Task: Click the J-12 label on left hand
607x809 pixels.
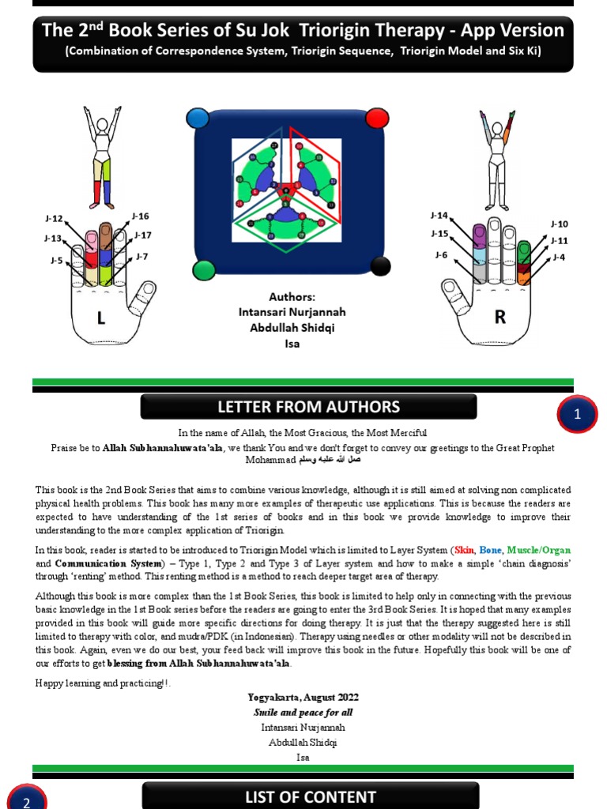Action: pyautogui.click(x=54, y=218)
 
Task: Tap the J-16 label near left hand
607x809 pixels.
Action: pyautogui.click(x=141, y=216)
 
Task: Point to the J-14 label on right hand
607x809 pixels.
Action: pyautogui.click(x=439, y=215)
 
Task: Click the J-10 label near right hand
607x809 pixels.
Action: pyautogui.click(x=559, y=224)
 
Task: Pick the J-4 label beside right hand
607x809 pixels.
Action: pyautogui.click(x=558, y=258)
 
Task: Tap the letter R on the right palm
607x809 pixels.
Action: pyautogui.click(x=500, y=318)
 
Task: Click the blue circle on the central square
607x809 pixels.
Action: pyautogui.click(x=198, y=119)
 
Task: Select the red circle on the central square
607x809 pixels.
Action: pyautogui.click(x=378, y=119)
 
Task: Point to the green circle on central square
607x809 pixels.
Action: pyautogui.click(x=203, y=269)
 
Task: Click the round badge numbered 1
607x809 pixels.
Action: pyautogui.click(x=578, y=414)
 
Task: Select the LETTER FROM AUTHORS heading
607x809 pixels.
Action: pyautogui.click(x=308, y=408)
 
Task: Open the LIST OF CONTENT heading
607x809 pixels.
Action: pyautogui.click(x=310, y=796)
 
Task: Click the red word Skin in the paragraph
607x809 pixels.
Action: pyautogui.click(x=464, y=550)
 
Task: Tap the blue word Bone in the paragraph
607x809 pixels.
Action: pyautogui.click(x=491, y=550)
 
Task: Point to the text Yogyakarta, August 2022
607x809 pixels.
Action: pyautogui.click(x=303, y=697)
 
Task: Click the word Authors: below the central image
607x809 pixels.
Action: pyautogui.click(x=292, y=297)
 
